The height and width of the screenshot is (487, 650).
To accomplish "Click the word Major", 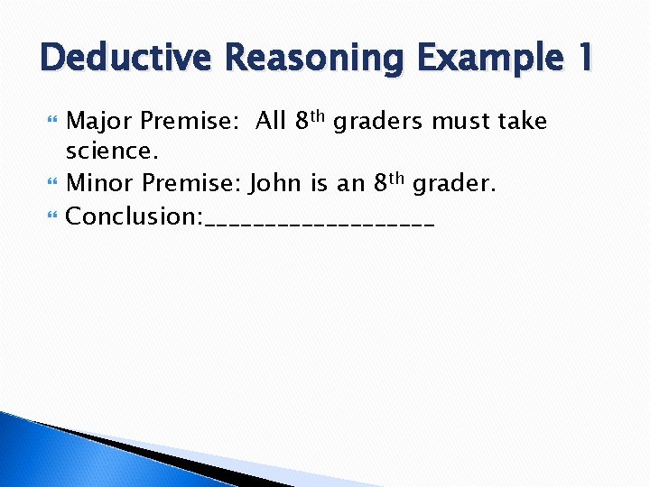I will tap(100, 122).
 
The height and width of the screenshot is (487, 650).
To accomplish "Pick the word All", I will tap(271, 121).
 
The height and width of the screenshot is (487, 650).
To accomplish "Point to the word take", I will tap(523, 122).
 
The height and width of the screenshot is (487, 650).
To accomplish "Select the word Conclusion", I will tap(135, 216).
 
